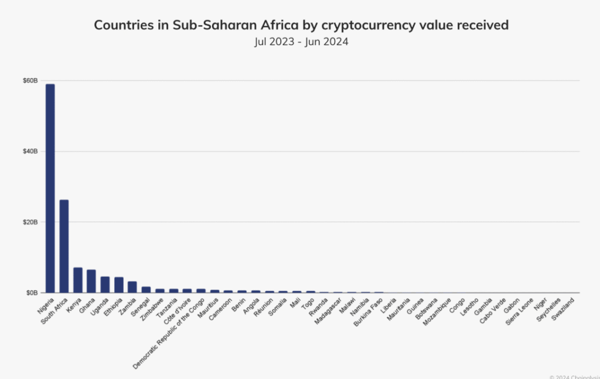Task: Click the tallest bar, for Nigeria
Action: [x=50, y=188]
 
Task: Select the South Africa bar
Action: [x=64, y=246]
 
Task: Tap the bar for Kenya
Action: [x=78, y=280]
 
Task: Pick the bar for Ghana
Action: [x=91, y=281]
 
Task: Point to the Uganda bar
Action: [x=105, y=285]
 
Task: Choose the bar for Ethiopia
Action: [x=119, y=285]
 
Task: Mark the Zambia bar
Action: [x=132, y=287]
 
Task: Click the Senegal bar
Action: [x=146, y=289]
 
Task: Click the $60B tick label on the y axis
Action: [x=30, y=81]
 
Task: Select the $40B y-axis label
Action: [x=30, y=151]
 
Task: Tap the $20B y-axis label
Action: [x=30, y=222]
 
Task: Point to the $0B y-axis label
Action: [x=32, y=293]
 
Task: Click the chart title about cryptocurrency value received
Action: [x=301, y=25]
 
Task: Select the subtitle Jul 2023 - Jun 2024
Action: [x=301, y=42]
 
